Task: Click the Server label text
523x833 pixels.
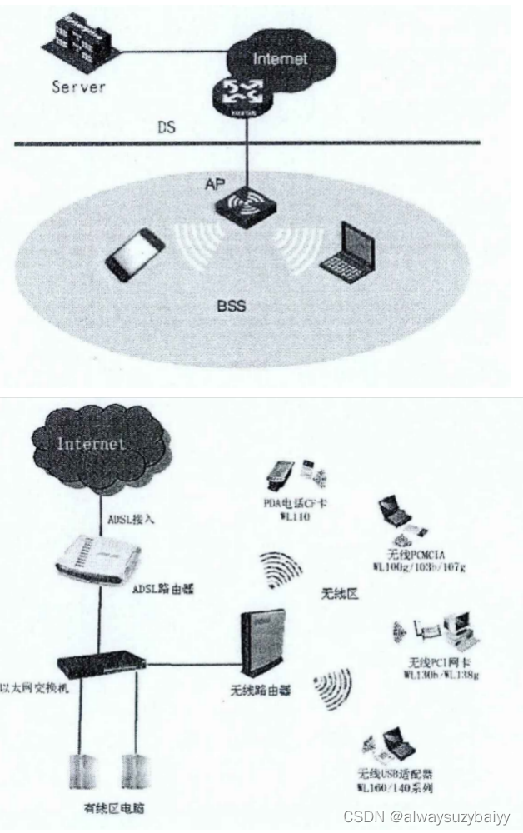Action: click(x=78, y=86)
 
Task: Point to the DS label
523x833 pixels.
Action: click(x=168, y=127)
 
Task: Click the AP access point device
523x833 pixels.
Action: click(x=247, y=210)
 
